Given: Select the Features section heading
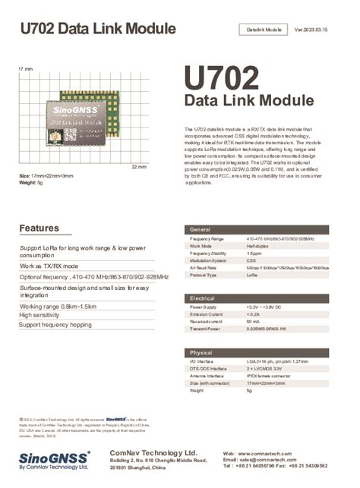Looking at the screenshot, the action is (x=39, y=228).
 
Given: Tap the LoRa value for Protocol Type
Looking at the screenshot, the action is (x=252, y=275).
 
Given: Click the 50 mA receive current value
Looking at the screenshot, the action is (x=254, y=322).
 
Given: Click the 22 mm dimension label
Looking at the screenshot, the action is (x=139, y=166).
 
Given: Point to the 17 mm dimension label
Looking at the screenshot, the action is (x=25, y=69).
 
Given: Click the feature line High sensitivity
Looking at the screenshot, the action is (x=45, y=315).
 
